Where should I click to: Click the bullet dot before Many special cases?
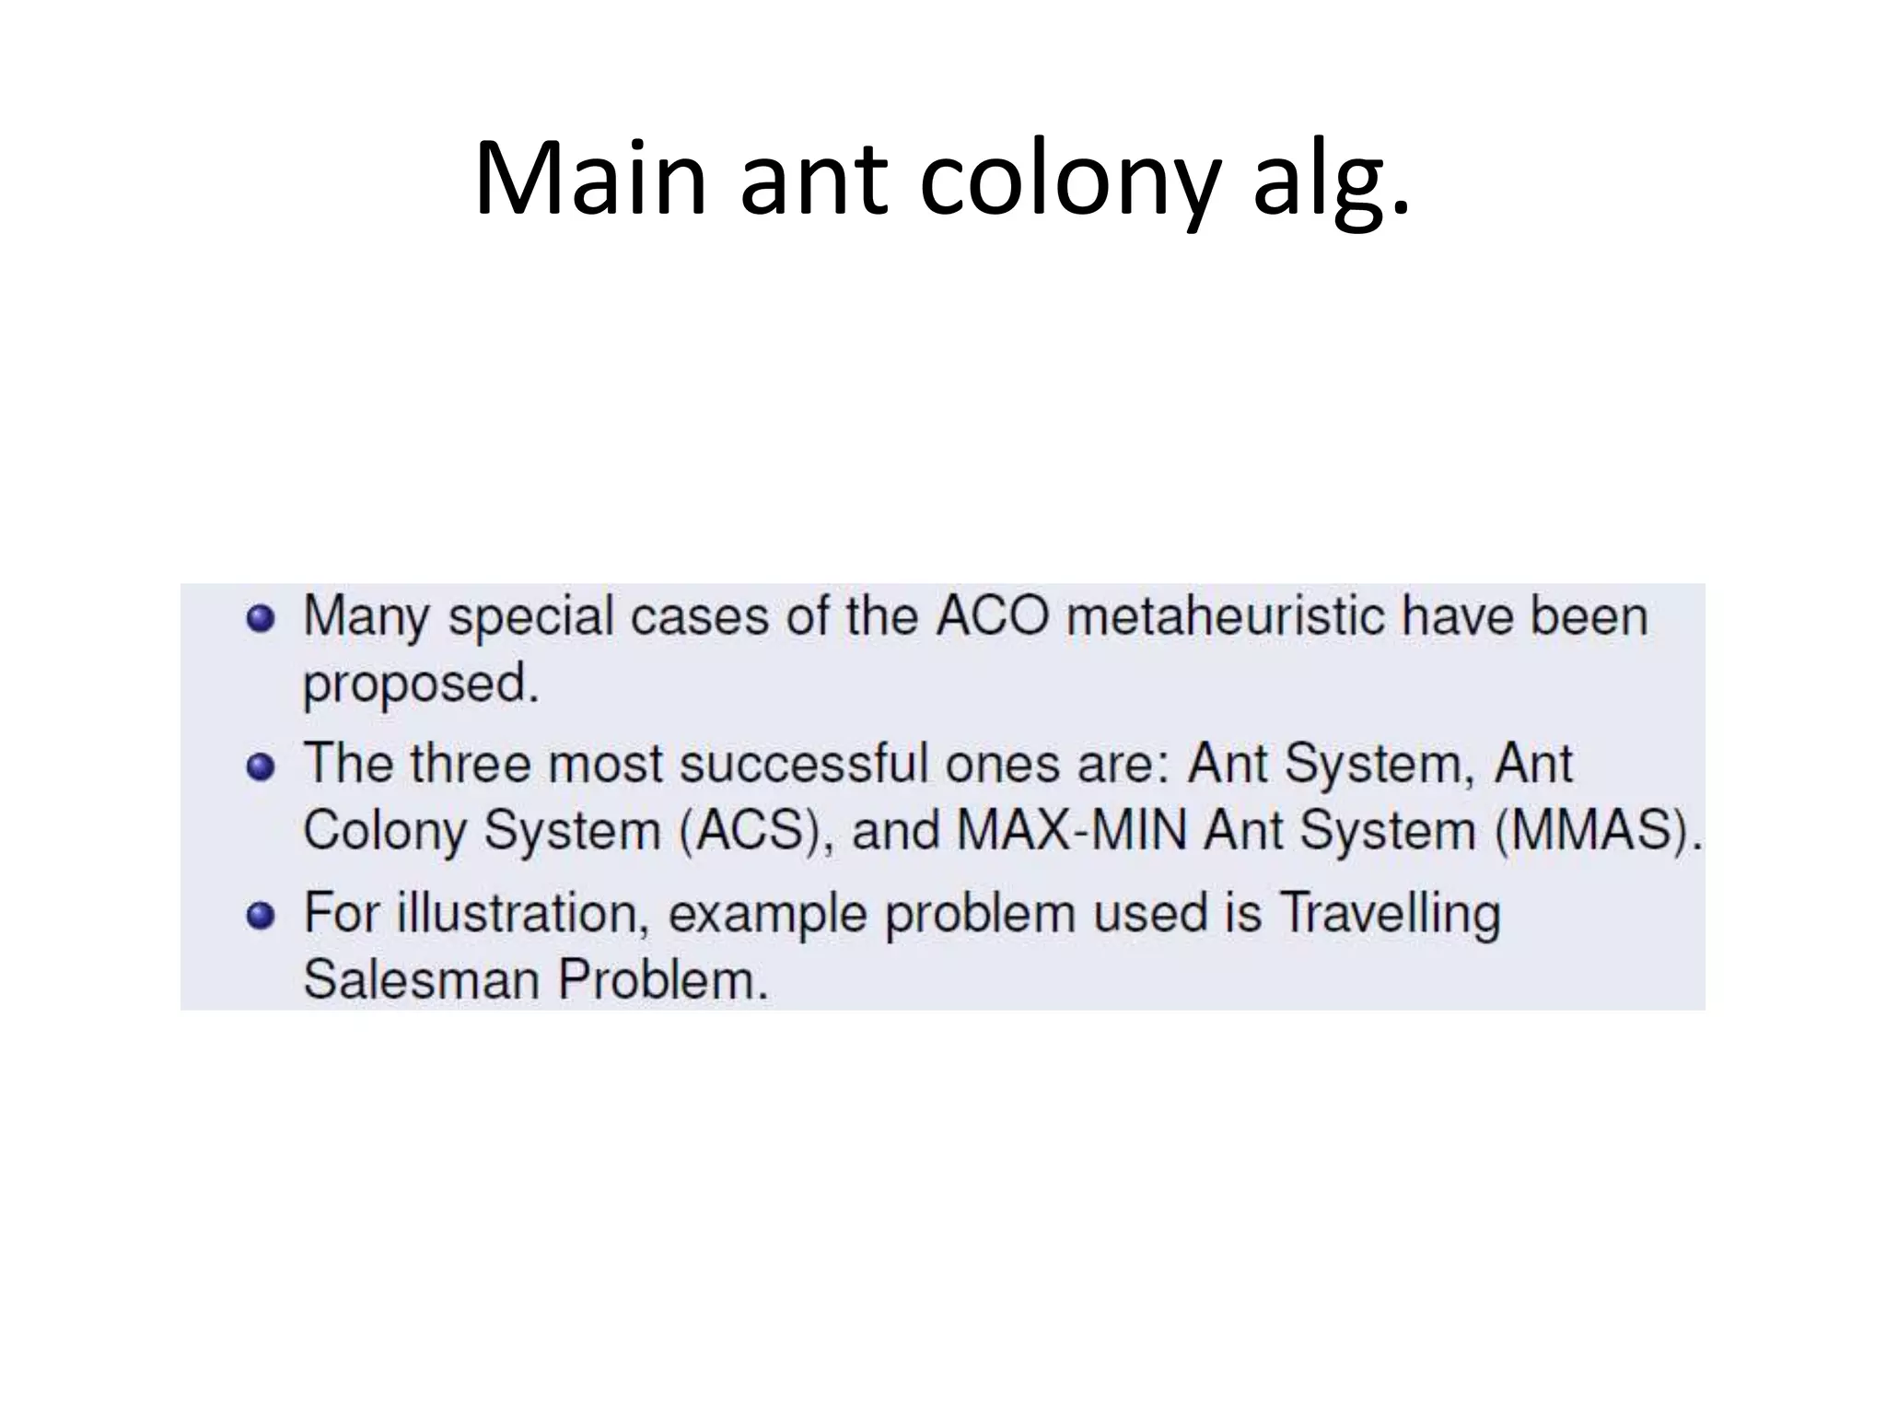click(261, 618)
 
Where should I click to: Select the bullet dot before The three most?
click(261, 766)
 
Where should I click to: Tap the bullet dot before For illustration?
click(261, 915)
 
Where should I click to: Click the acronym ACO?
click(992, 615)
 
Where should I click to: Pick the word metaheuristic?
click(1226, 615)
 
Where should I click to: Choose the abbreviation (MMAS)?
click(1598, 831)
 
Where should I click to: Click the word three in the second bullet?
click(471, 764)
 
